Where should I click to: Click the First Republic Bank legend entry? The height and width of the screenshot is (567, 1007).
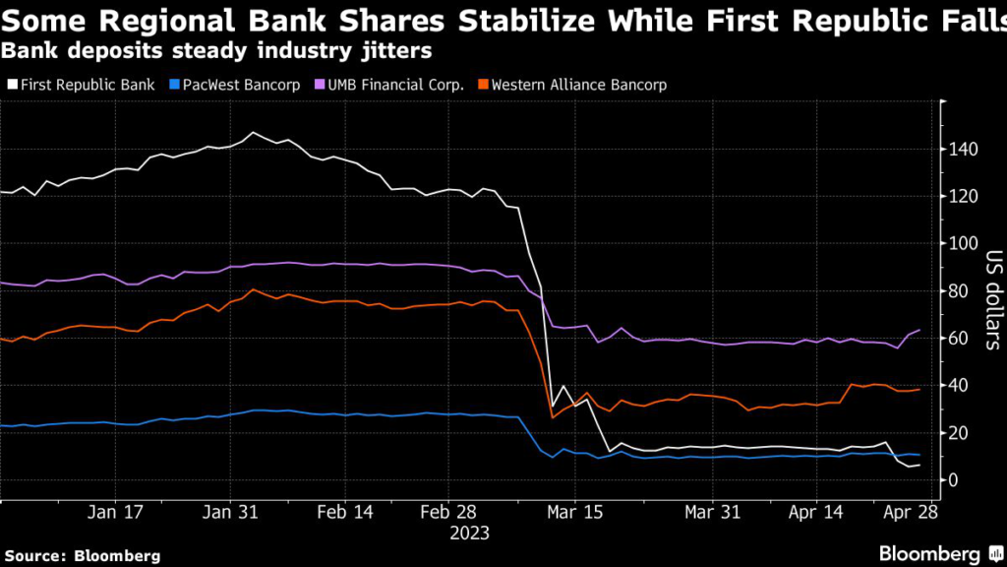click(86, 85)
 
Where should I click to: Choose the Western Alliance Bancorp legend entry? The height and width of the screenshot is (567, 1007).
click(578, 85)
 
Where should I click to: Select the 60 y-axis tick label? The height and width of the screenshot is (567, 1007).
click(959, 339)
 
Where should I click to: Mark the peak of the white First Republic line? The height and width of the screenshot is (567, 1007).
click(253, 132)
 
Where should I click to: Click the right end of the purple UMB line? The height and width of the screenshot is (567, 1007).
click(919, 330)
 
